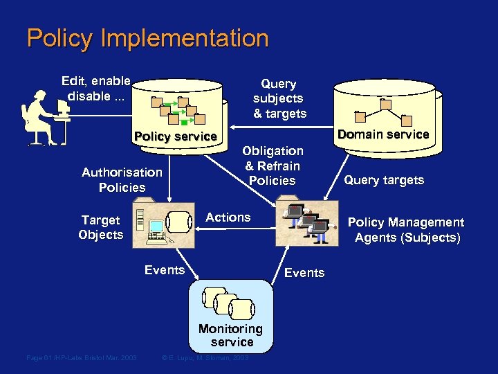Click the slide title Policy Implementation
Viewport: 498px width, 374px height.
point(147,38)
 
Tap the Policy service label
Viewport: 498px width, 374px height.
point(176,136)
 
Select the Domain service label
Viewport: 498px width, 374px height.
point(384,134)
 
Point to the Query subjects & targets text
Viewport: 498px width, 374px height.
point(279,98)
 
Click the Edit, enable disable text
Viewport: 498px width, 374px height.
point(96,88)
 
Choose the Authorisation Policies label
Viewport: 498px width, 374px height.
point(122,179)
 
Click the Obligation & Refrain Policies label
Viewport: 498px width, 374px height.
point(273,166)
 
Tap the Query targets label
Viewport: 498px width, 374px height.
point(384,180)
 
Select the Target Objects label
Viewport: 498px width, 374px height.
point(101,227)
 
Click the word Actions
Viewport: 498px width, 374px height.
point(228,217)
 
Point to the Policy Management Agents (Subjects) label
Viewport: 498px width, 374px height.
point(406,230)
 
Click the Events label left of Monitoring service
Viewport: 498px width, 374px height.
point(165,270)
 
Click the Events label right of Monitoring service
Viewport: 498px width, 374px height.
point(304,273)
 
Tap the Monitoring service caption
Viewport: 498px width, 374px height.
point(231,335)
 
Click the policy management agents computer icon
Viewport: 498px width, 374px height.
point(308,222)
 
